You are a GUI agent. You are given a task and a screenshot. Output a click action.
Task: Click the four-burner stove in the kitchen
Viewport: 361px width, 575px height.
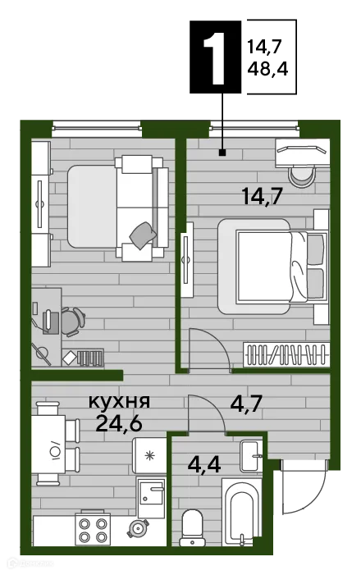(x=93, y=527)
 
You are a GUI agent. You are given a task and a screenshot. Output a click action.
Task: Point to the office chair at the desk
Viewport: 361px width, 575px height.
(x=71, y=321)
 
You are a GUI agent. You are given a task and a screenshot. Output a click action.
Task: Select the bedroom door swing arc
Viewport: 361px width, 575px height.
(x=209, y=348)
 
